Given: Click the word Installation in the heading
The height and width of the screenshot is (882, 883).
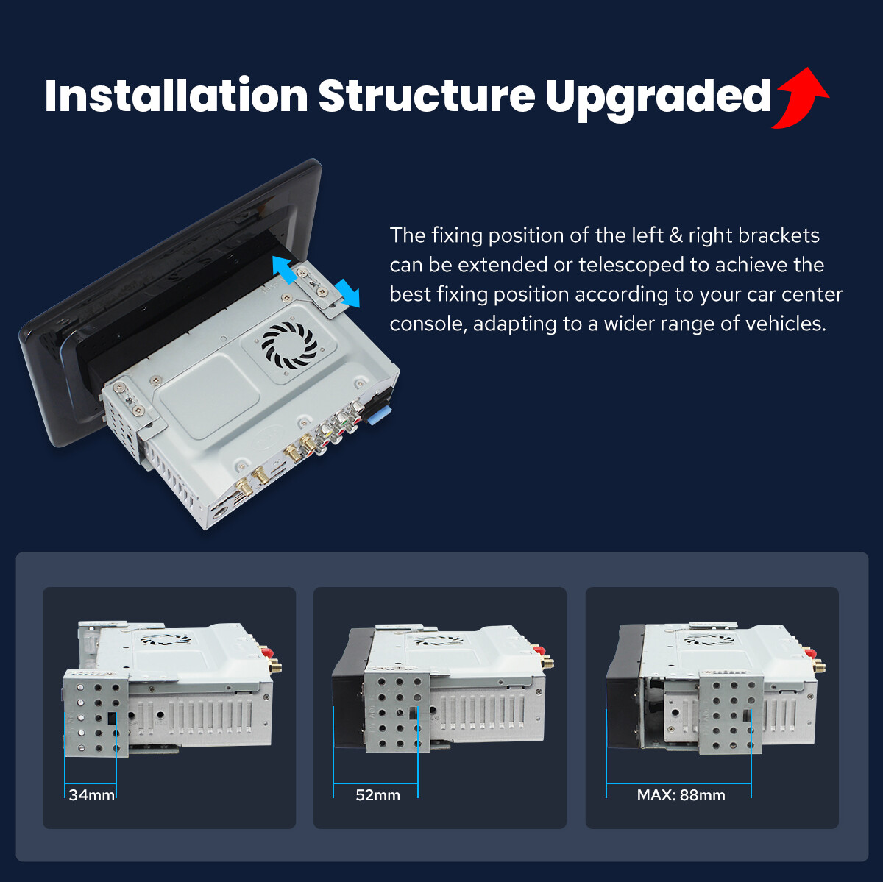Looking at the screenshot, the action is [177, 96].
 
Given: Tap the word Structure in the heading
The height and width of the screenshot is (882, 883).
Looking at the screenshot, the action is [427, 96].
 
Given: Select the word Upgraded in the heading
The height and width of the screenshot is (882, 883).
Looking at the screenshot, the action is [658, 99].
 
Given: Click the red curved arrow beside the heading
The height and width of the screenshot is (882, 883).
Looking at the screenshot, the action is [800, 98].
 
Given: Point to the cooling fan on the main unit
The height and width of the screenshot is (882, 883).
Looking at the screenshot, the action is [290, 345].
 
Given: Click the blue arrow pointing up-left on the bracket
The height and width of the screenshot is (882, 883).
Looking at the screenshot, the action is [285, 269].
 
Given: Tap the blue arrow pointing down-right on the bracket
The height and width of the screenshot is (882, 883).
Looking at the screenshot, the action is [347, 294].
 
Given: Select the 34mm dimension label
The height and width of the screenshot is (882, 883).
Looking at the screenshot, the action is [92, 795].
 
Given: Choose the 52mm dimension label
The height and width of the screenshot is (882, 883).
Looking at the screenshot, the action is [378, 795].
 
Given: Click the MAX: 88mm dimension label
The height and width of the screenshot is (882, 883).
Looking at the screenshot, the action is [681, 795].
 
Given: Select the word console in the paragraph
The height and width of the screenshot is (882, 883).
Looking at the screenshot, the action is [428, 324].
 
